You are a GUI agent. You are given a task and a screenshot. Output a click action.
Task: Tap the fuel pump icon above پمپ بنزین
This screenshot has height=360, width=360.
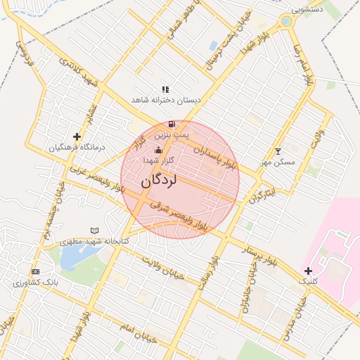[172, 124]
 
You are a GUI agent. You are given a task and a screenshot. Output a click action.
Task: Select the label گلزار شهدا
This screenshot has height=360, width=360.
[158, 160]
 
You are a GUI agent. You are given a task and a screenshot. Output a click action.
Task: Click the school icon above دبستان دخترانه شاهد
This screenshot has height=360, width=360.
[165, 89]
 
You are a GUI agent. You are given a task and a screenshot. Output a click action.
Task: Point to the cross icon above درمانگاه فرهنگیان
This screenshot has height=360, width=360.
[77, 136]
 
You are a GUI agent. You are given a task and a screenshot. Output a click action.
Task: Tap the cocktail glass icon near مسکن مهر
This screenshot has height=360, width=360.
[278, 151]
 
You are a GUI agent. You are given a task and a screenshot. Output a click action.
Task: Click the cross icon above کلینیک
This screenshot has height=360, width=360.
[308, 271]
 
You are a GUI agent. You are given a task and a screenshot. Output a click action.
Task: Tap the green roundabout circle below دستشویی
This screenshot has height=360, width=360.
[286, 22]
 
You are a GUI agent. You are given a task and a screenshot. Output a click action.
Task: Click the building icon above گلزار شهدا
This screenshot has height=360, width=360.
[158, 150]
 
